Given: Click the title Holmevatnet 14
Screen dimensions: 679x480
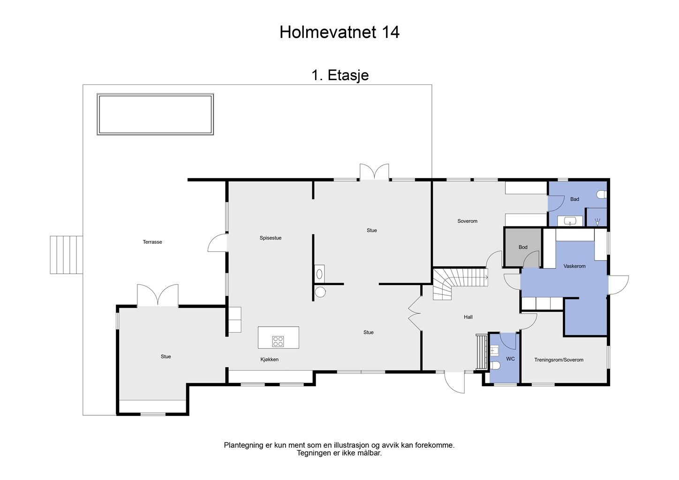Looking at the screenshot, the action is coord(339,32).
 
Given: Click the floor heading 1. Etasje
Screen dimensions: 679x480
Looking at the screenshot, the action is coord(340,75).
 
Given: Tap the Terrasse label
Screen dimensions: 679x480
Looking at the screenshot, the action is coord(152,242).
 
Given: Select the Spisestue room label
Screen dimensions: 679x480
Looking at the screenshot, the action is coord(271,238).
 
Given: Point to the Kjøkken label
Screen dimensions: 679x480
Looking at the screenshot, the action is coord(269,360).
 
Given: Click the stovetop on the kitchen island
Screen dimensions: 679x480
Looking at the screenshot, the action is coord(278,341).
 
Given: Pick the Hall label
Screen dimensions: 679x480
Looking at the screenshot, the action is coord(468,317).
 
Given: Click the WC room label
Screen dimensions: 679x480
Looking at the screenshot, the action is coord(510,359).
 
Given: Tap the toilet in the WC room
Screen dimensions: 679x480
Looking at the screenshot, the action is coord(495,366).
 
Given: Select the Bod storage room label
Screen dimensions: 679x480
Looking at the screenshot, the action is coord(523,247).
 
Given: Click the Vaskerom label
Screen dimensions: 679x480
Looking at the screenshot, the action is coord(574,266).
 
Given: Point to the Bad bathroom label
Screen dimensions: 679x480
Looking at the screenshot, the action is coord(574,199).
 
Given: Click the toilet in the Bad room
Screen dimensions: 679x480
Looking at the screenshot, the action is coord(602,194).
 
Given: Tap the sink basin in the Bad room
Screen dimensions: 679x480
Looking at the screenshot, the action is coord(570,221).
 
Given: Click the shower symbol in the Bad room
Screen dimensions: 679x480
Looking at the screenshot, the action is coord(597,222).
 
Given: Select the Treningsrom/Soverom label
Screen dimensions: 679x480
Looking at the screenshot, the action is coord(558,360).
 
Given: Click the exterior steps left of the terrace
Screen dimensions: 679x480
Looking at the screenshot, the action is coord(67,255).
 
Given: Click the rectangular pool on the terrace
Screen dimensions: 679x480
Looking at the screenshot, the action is coord(155,114).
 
